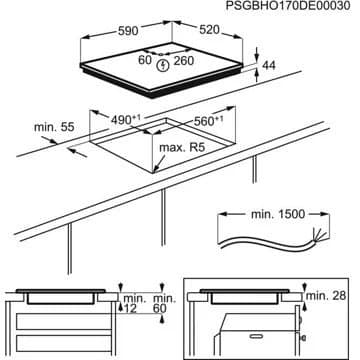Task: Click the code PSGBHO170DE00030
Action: pyautogui.click(x=288, y=6)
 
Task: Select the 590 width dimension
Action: pyautogui.click(x=128, y=31)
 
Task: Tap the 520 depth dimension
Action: pyautogui.click(x=210, y=30)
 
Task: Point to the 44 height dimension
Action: pyautogui.click(x=269, y=66)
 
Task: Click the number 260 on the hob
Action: pyautogui.click(x=183, y=61)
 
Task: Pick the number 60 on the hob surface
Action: pyautogui.click(x=145, y=61)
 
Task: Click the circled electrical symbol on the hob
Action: pyautogui.click(x=163, y=65)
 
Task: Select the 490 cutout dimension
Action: pyautogui.click(x=126, y=119)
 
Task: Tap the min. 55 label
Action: pyautogui.click(x=54, y=127)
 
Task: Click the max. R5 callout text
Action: pyautogui.click(x=182, y=148)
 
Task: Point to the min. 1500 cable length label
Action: pyautogui.click(x=278, y=214)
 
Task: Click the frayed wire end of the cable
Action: pyautogui.click(x=318, y=235)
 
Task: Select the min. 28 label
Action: pyautogui.click(x=326, y=296)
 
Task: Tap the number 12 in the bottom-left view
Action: pyautogui.click(x=131, y=309)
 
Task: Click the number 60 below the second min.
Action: pyautogui.click(x=160, y=309)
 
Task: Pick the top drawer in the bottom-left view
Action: pyautogui.click(x=63, y=321)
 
